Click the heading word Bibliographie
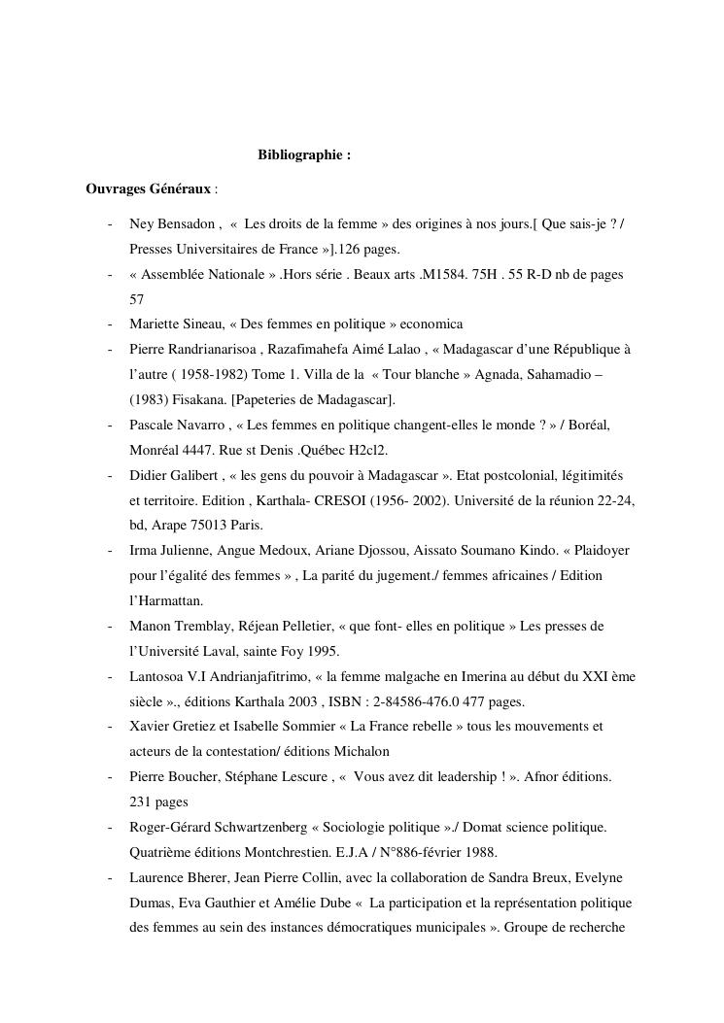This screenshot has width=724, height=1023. click(x=299, y=154)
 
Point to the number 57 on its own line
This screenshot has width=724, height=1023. click(x=137, y=300)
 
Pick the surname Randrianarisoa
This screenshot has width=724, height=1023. click(x=211, y=349)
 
